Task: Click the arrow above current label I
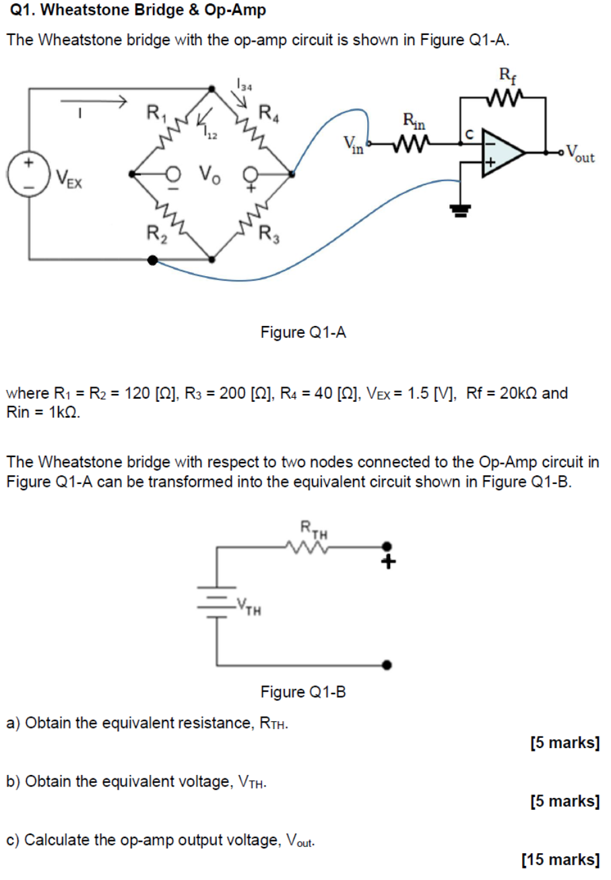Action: (94, 102)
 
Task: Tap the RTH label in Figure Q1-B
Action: (314, 529)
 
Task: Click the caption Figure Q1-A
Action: (303, 332)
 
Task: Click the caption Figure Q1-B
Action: (303, 692)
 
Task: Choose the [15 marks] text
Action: (560, 860)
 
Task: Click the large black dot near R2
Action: (153, 260)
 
